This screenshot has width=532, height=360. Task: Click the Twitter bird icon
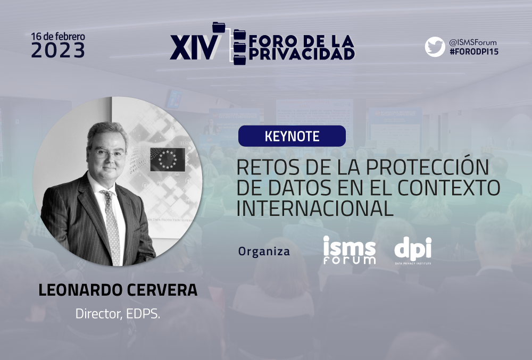pos(435,47)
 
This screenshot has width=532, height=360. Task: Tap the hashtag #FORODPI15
pos(473,52)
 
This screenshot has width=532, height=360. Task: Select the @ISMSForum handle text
pos(472,43)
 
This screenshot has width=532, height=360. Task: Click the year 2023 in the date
pos(58,50)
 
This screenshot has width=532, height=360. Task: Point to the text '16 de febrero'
pos(58,36)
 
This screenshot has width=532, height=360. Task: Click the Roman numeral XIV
pos(194,47)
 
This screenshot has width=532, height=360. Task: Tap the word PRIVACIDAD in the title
pos(302,54)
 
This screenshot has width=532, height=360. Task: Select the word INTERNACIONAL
pos(314,208)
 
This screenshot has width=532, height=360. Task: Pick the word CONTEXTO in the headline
pos(449,188)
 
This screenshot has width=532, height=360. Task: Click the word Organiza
pos(264,252)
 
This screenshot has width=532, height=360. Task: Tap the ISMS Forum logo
pos(350,250)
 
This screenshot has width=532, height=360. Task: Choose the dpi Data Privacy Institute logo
pos(413,250)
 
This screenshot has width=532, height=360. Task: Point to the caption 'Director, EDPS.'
pos(118,314)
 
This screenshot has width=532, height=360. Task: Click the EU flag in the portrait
pos(168,160)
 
